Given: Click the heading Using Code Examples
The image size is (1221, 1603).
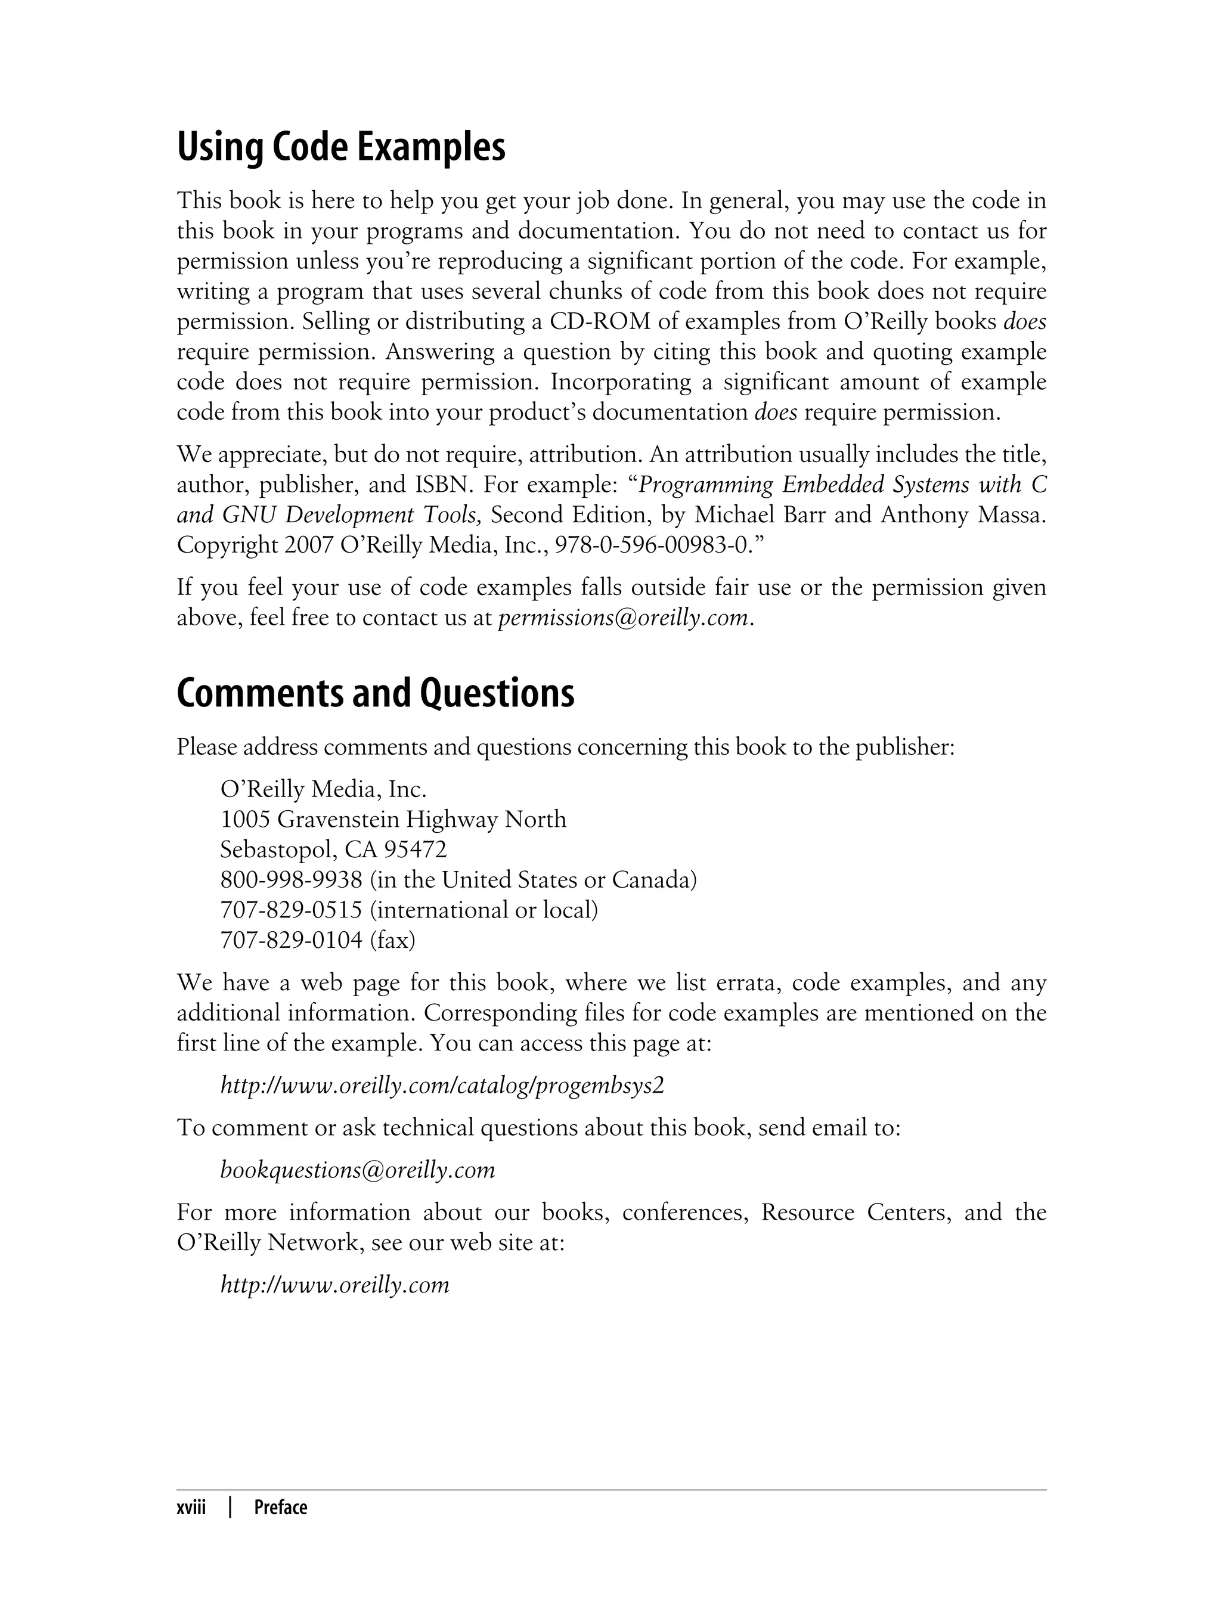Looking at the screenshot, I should (341, 147).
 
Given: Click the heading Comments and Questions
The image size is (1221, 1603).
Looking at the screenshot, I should (375, 693).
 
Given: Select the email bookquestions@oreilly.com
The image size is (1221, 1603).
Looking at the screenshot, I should (358, 1170).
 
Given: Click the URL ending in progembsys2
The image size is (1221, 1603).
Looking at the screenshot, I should (442, 1086).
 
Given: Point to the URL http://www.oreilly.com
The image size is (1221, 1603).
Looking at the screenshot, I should (335, 1285).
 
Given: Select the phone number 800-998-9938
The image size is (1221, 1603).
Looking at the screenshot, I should (291, 880).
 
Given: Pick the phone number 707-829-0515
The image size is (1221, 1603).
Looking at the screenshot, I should (291, 910).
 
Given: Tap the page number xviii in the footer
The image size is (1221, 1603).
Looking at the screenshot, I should (191, 1508).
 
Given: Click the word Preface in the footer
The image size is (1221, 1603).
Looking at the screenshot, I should (281, 1508).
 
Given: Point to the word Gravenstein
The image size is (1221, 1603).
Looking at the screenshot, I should (339, 820).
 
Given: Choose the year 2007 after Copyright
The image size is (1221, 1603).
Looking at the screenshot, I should (308, 545).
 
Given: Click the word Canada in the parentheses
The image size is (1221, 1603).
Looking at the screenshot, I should (651, 880).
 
